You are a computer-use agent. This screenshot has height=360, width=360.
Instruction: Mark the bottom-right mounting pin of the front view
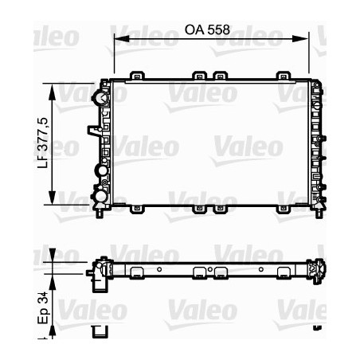(319, 213)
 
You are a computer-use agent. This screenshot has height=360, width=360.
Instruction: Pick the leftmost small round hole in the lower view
(159, 269)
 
